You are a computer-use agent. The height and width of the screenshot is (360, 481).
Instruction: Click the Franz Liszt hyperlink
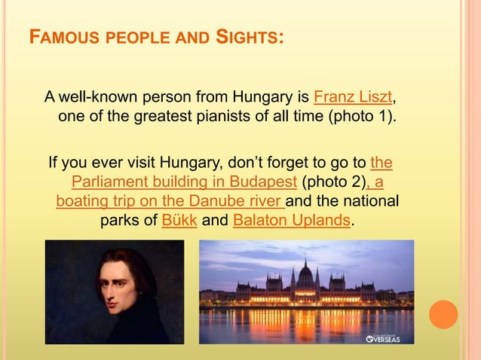pos(353,98)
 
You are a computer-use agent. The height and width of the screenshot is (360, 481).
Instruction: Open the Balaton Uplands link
pos(292,221)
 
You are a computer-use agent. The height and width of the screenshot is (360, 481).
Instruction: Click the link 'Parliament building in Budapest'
pos(185,182)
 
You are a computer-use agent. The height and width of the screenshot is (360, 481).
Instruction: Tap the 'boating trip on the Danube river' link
pos(170,201)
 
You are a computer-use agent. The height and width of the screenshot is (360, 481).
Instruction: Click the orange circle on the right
pos(443,314)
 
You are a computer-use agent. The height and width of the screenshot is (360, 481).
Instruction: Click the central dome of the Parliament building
pos(305,272)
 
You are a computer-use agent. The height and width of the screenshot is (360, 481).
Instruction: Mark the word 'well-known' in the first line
pos(96,98)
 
